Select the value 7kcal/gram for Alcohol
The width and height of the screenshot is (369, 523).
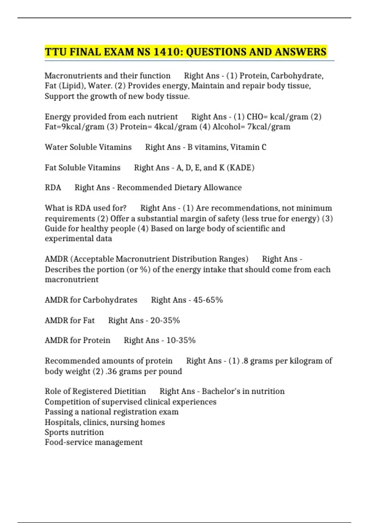click(x=269, y=127)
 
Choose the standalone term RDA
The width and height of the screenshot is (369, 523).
click(x=53, y=188)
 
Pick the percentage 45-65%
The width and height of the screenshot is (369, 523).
click(x=208, y=300)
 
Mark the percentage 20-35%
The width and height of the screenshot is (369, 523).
click(x=165, y=321)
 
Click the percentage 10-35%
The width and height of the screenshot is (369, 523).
click(x=181, y=341)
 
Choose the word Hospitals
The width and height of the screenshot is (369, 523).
click(x=63, y=422)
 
